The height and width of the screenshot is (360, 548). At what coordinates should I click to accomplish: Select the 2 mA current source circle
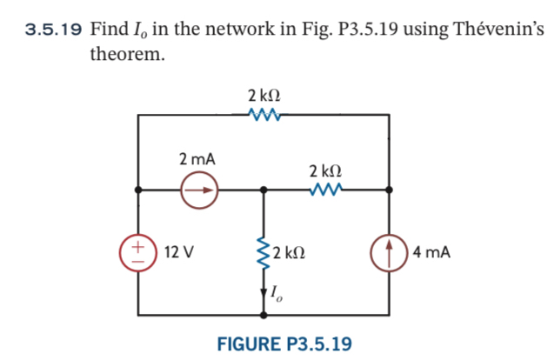199,189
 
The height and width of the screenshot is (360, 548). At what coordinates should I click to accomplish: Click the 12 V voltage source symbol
137,252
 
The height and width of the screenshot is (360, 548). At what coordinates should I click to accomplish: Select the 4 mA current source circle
389,252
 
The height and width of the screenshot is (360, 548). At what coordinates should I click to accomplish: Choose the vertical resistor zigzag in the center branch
264,252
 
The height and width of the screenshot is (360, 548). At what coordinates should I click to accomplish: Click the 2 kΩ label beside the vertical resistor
289,253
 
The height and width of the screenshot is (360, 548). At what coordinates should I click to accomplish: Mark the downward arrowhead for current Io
264,298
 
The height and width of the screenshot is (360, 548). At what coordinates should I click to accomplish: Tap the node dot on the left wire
137,189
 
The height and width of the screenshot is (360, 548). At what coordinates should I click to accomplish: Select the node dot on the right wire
389,189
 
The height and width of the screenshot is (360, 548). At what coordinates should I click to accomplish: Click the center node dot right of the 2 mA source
264,189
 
